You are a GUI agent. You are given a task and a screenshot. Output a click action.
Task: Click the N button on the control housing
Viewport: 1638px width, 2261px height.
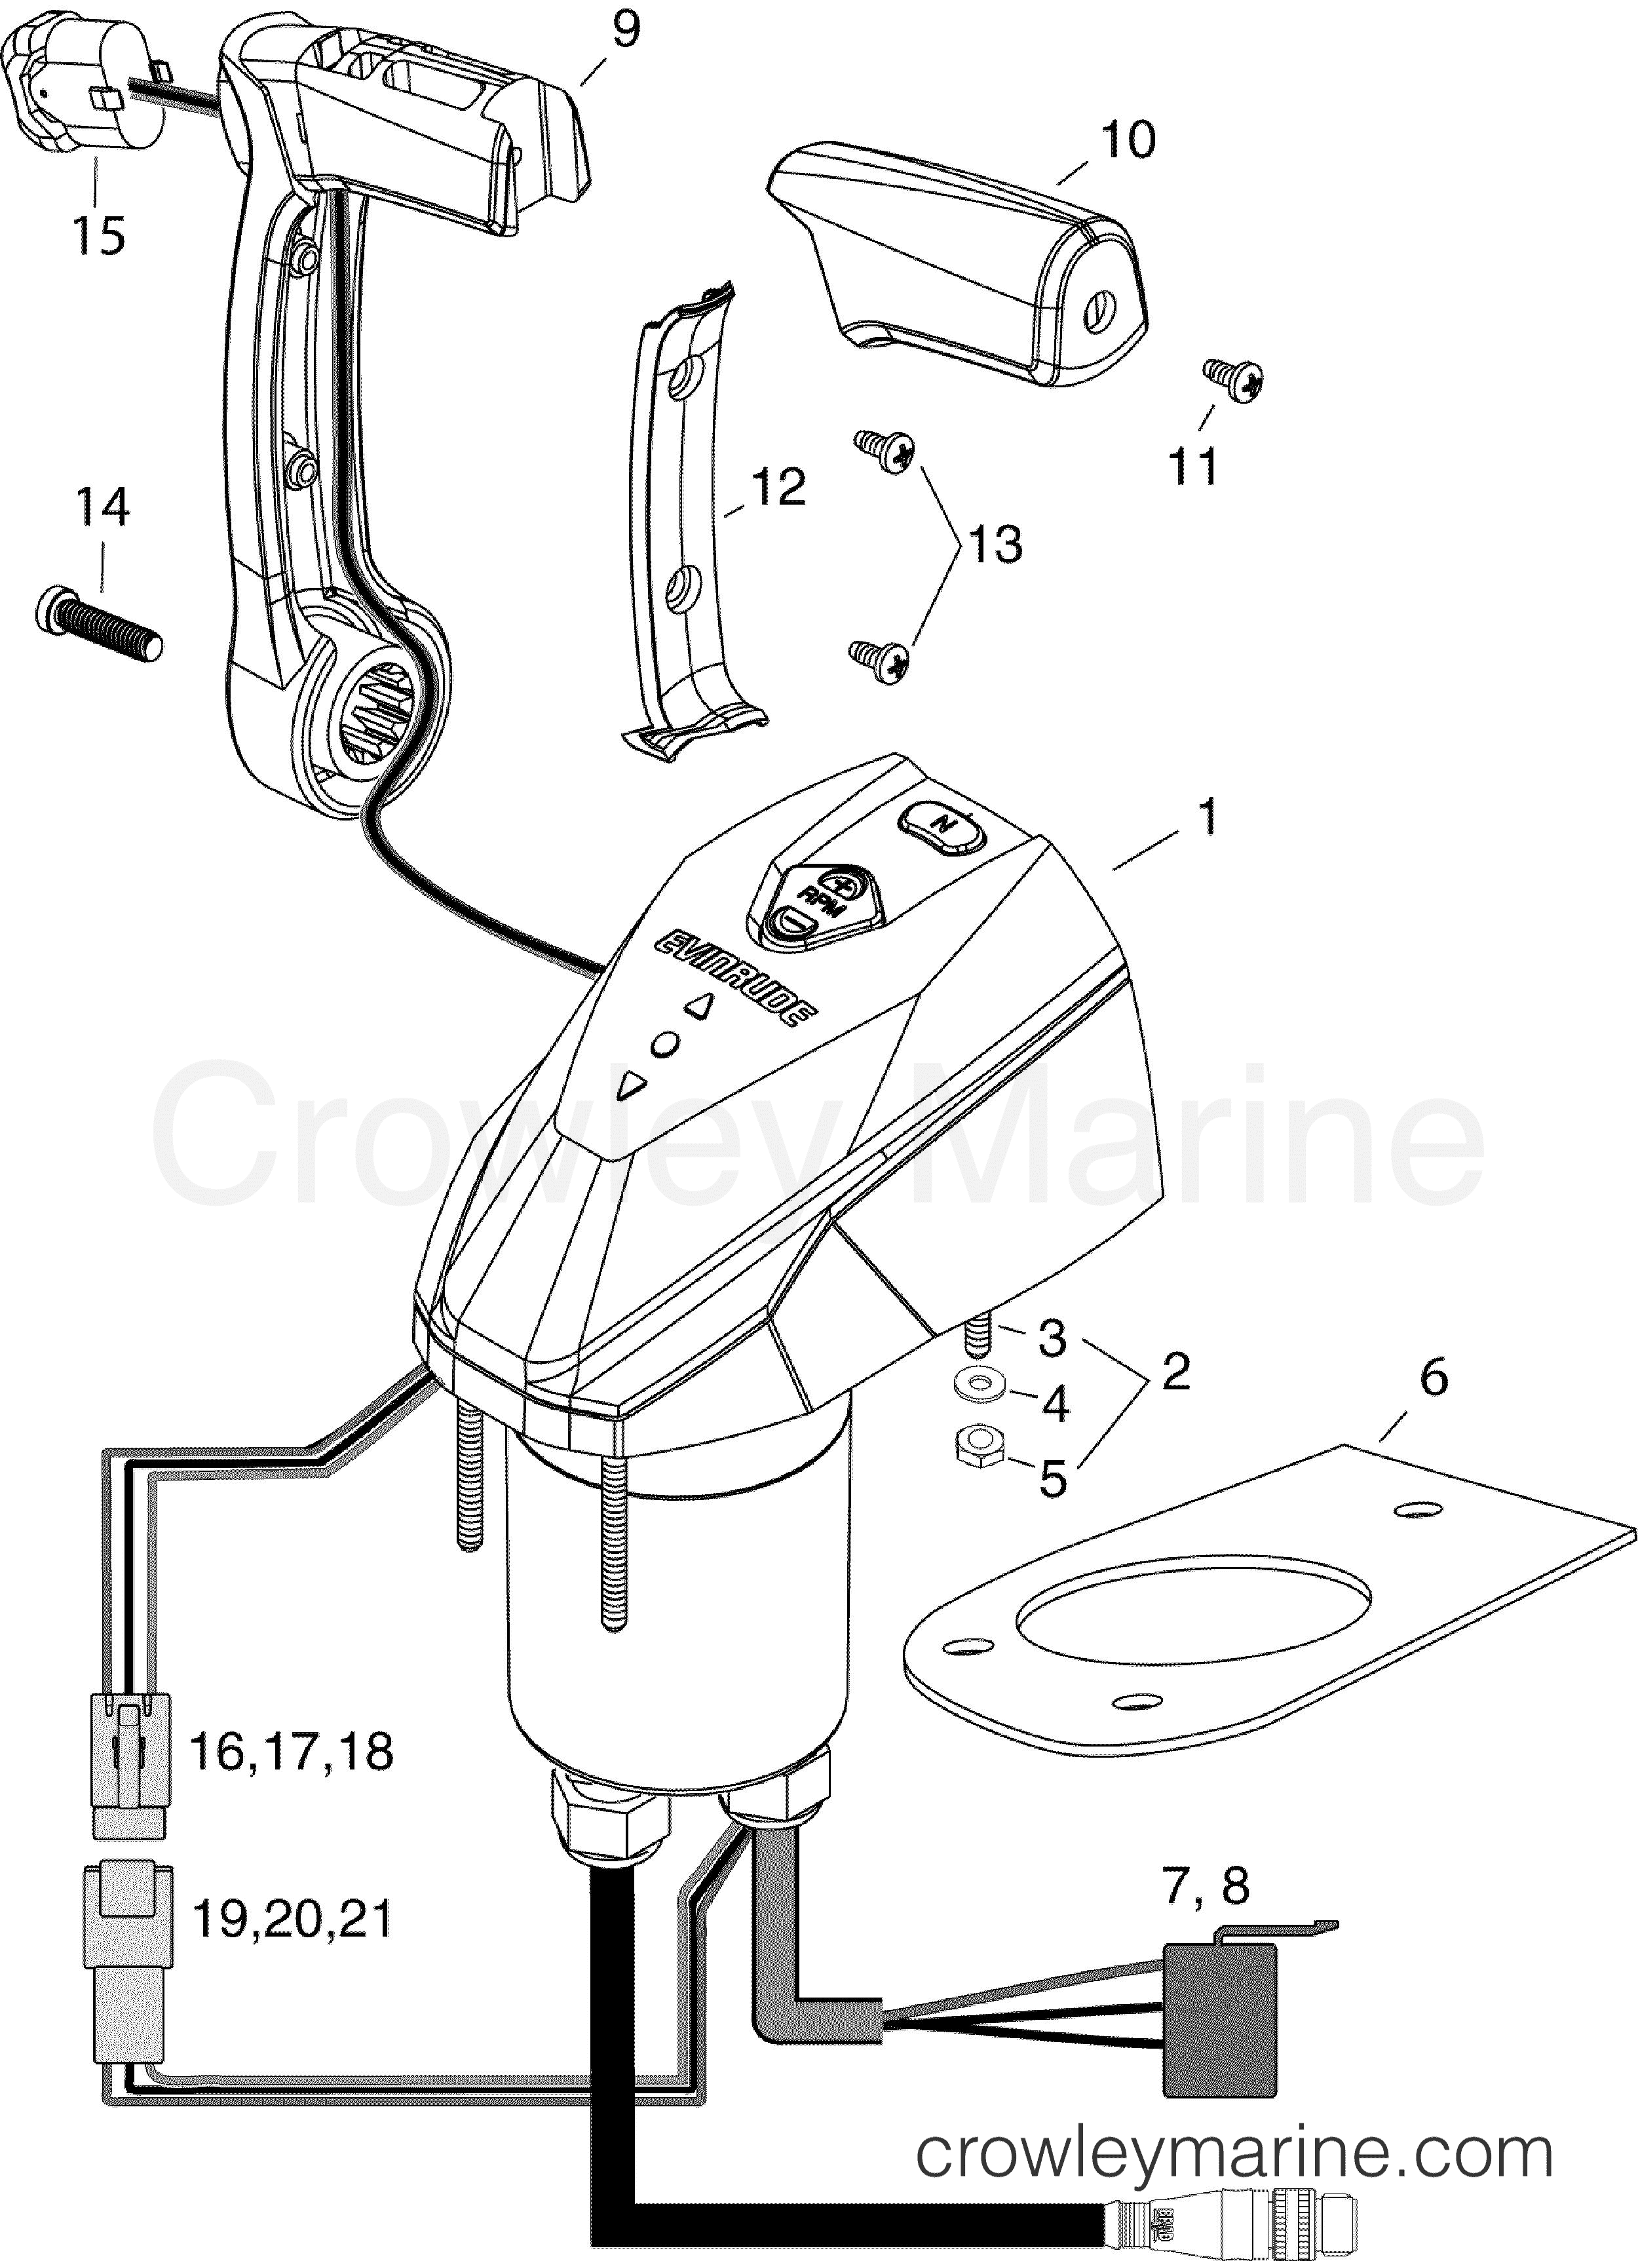coord(941,823)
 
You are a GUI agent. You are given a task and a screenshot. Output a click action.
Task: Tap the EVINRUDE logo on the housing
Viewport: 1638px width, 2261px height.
coord(736,977)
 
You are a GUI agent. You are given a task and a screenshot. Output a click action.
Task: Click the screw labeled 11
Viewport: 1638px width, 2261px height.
coord(1235,378)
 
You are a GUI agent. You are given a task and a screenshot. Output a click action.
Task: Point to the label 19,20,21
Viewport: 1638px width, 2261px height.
coord(291,1919)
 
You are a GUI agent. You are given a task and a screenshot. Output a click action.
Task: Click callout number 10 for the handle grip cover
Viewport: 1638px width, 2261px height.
coord(1128,140)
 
